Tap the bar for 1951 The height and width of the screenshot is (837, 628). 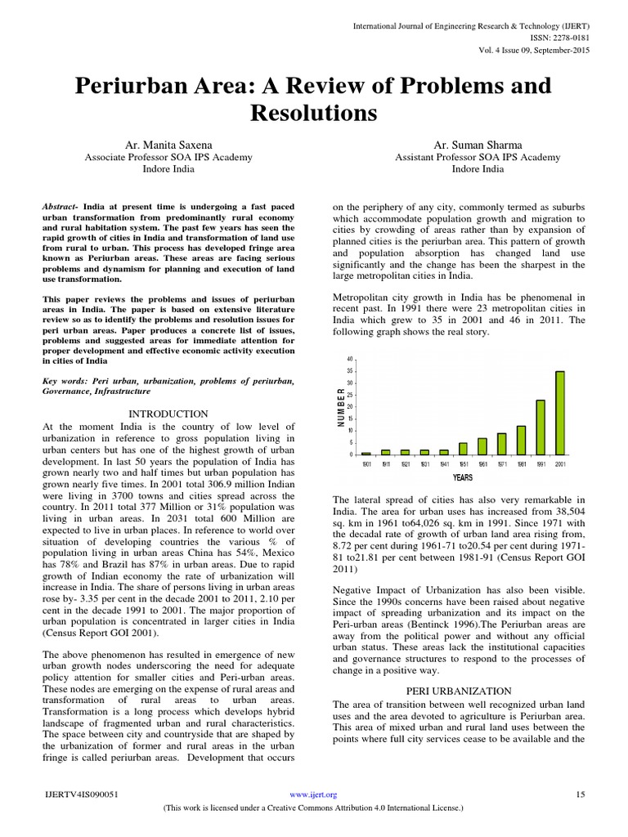coord(463,449)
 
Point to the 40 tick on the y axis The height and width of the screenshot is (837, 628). coord(350,359)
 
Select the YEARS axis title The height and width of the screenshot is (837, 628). coord(463,477)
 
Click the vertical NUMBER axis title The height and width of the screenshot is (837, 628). coord(340,407)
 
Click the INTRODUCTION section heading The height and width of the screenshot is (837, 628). coord(169,414)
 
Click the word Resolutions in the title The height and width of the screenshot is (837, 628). coord(313,112)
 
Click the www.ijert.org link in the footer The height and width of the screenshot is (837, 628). coord(314,794)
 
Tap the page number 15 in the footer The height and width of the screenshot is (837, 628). coord(581,794)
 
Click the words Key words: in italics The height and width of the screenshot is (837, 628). coord(65,381)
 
